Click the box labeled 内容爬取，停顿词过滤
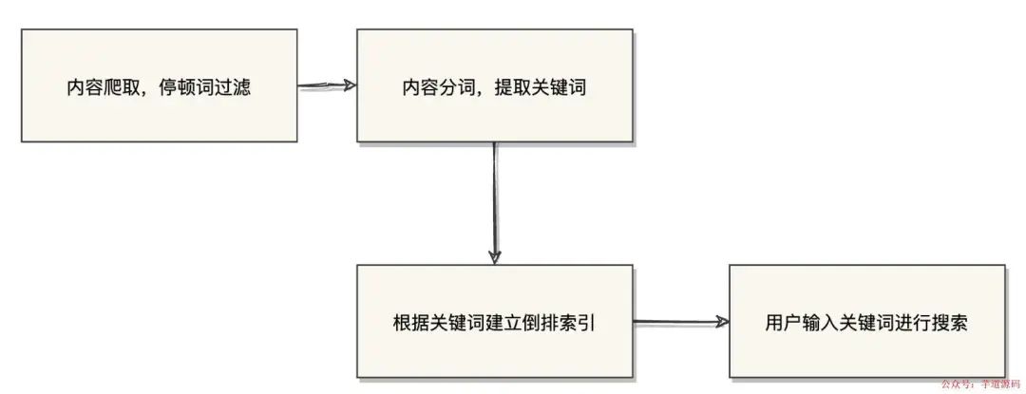pos(159,85)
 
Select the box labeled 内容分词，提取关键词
pos(494,85)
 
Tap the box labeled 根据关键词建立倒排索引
pos(494,322)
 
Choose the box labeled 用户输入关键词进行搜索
pos(866,322)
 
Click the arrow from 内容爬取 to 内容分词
pos(327,85)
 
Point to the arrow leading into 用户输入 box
pos(680,322)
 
